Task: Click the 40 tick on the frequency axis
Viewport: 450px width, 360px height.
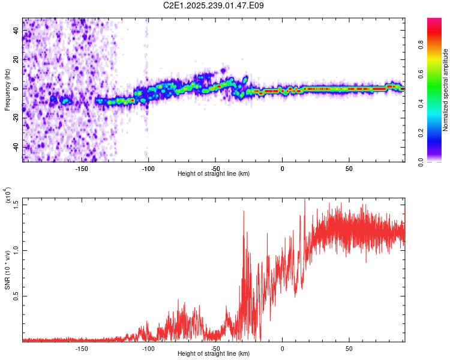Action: point(16,31)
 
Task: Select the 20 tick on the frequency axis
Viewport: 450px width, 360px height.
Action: point(16,60)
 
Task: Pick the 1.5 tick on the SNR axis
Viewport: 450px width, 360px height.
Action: point(16,204)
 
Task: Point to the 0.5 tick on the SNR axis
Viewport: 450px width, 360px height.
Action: point(16,296)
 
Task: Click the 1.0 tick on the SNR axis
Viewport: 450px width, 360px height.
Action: point(16,250)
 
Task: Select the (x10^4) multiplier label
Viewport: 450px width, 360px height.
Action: point(7,196)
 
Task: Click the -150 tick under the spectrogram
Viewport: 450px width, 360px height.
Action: point(82,168)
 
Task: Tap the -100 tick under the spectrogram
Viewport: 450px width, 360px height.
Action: point(148,168)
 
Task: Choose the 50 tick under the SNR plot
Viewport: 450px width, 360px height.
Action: point(349,349)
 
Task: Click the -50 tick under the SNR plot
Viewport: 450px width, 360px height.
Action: point(215,349)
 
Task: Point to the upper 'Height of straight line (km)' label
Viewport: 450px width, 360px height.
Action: point(214,174)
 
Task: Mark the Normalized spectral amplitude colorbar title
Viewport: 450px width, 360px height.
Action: point(445,90)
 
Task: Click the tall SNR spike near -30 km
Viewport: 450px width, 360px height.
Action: point(244,212)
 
